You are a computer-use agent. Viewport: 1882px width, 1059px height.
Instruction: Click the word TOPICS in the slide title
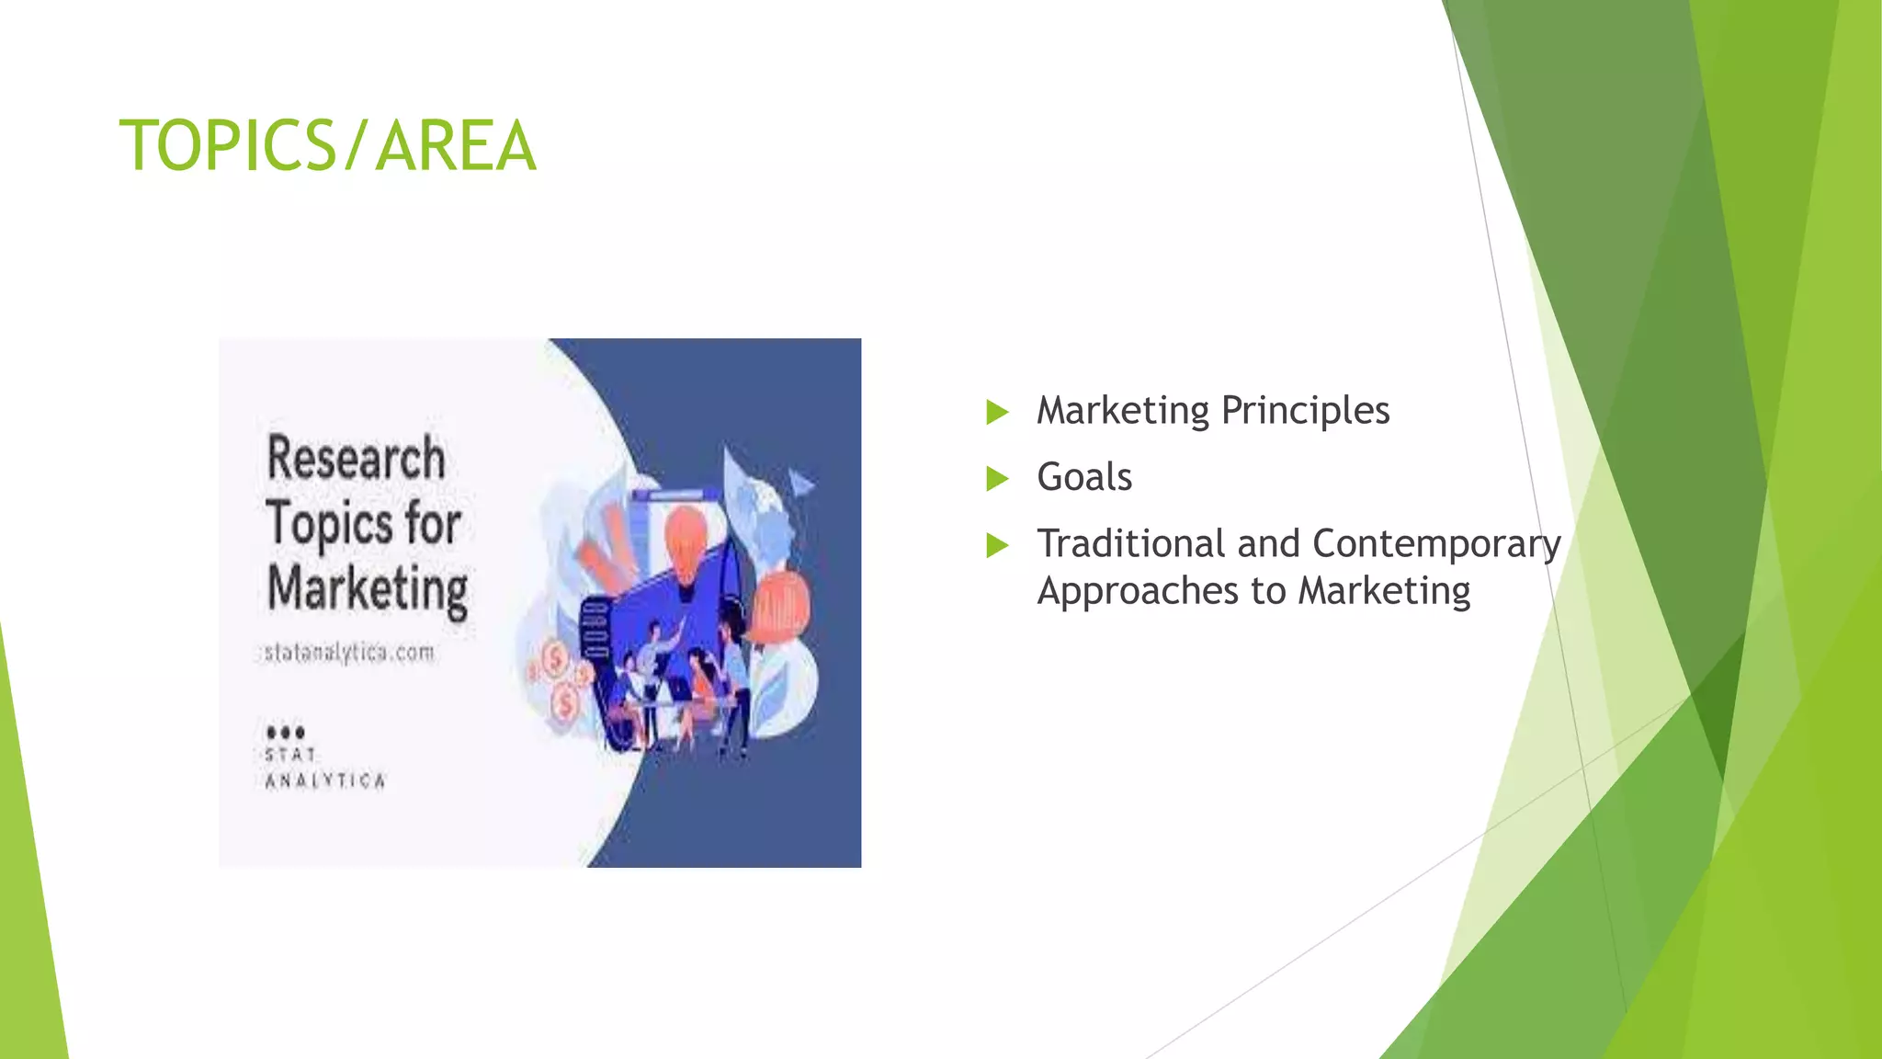228,146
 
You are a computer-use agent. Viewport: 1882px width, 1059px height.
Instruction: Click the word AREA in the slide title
455,146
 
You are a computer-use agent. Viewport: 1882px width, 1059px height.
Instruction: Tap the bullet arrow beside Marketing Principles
997,411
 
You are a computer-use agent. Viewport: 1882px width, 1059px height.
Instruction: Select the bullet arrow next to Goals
997,478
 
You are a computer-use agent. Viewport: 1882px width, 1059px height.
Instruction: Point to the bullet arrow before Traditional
997,545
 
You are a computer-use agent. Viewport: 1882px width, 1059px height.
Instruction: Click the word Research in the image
356,458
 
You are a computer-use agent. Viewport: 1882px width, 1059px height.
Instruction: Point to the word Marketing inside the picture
368,588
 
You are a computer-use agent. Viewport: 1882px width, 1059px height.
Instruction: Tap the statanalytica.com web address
349,653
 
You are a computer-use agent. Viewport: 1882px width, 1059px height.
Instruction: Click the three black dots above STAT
285,733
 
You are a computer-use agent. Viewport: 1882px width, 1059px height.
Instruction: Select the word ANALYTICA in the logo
325,781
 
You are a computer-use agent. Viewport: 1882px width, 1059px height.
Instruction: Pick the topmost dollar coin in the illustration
555,658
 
